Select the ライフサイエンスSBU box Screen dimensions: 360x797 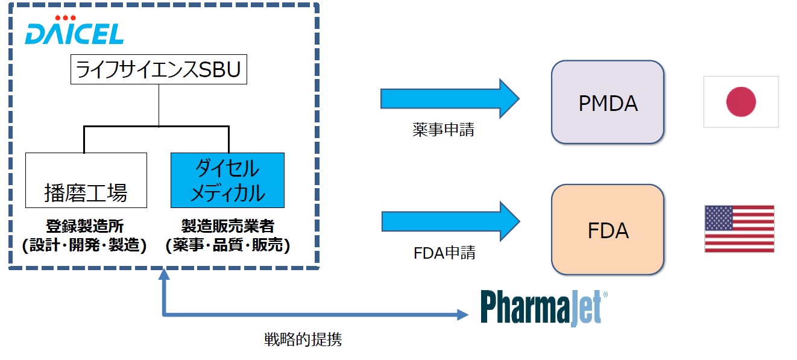(x=159, y=70)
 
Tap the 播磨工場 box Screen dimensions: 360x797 (x=86, y=180)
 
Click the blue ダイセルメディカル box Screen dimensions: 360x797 (x=227, y=180)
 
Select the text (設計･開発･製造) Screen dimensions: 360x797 (x=84, y=246)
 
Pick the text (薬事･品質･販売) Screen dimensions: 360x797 (x=228, y=246)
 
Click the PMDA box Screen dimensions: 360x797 (x=607, y=102)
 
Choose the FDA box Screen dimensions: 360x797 (x=607, y=230)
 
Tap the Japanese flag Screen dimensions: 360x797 (x=741, y=101)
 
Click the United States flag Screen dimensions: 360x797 (x=739, y=229)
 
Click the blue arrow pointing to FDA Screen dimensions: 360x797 (x=449, y=221)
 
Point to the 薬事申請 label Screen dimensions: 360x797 (x=443, y=129)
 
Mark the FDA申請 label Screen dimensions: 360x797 (x=444, y=252)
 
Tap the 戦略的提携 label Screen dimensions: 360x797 (x=303, y=339)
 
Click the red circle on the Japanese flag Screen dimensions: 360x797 (x=741, y=101)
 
